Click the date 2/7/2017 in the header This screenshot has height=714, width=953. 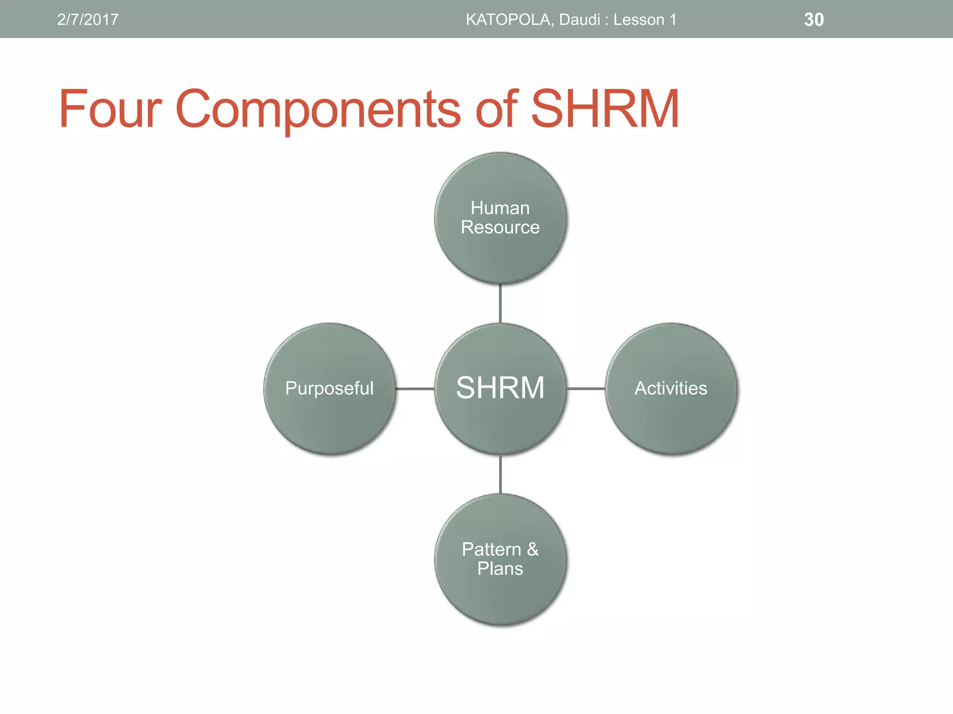[87, 20]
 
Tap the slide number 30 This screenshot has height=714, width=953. [813, 20]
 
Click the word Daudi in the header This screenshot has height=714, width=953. [579, 20]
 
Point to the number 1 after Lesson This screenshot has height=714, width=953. [672, 20]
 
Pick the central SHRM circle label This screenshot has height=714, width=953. [500, 388]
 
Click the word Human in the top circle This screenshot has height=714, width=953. [500, 208]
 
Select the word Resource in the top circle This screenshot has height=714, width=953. [500, 227]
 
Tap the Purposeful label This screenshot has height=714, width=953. [329, 388]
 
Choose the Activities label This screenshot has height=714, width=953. [671, 388]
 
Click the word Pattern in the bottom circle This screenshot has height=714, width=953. [491, 549]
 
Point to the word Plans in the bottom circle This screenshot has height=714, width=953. [500, 569]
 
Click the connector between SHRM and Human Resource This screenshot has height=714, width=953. [500, 304]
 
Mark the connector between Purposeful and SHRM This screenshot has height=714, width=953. [415, 388]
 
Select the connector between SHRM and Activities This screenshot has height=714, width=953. [586, 388]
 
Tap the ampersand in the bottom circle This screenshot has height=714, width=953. [533, 549]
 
